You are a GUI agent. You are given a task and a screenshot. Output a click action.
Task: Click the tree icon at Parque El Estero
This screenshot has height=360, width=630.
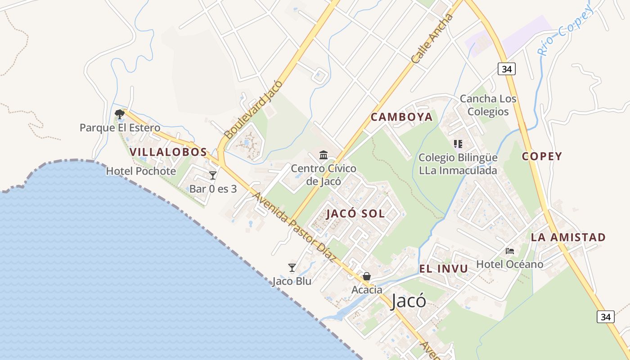click(119, 114)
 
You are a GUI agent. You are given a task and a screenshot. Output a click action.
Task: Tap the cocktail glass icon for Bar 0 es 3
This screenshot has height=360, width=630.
click(213, 175)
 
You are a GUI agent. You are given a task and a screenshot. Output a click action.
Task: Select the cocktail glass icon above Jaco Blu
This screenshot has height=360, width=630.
click(292, 268)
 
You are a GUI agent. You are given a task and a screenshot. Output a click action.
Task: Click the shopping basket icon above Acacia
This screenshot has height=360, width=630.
click(367, 276)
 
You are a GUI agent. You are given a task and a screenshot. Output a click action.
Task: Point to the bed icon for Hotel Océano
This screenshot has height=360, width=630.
click(510, 251)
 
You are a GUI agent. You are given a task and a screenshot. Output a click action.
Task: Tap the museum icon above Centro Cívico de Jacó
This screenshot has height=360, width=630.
click(323, 155)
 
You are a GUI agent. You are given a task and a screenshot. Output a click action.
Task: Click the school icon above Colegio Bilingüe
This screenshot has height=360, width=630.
click(458, 144)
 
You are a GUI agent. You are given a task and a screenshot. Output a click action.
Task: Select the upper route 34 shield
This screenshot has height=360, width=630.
click(507, 69)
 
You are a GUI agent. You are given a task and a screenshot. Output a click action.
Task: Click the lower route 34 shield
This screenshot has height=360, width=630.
click(606, 317)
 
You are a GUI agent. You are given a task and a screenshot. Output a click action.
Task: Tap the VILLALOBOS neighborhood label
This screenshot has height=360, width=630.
click(168, 152)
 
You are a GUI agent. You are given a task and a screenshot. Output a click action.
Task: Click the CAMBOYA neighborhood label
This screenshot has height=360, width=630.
click(401, 117)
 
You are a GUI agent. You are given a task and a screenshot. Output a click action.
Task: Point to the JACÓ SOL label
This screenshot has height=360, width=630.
click(355, 214)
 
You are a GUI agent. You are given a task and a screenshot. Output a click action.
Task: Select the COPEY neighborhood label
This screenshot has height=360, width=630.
click(542, 156)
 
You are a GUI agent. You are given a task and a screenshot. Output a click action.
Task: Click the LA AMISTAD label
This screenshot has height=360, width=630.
click(568, 237)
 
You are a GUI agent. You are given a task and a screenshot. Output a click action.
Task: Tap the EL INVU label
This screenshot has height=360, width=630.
click(444, 269)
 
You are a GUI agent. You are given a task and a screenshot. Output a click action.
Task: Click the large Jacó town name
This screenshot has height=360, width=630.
click(409, 301)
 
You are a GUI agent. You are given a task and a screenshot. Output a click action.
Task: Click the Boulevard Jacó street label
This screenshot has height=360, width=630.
click(254, 109)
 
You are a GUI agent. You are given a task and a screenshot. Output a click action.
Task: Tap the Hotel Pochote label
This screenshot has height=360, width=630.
click(141, 171)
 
